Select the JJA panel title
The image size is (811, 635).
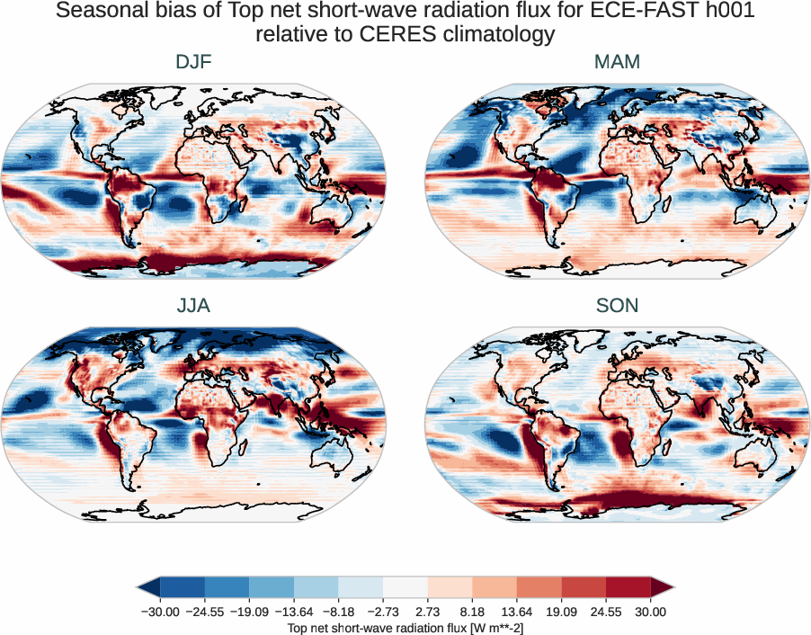tap(193, 306)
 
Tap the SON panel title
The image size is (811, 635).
tap(617, 306)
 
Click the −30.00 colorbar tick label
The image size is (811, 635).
tap(160, 612)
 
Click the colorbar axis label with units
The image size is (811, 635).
tap(405, 626)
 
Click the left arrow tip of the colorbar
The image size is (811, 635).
tap(139, 587)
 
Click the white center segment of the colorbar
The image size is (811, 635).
tap(405, 587)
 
